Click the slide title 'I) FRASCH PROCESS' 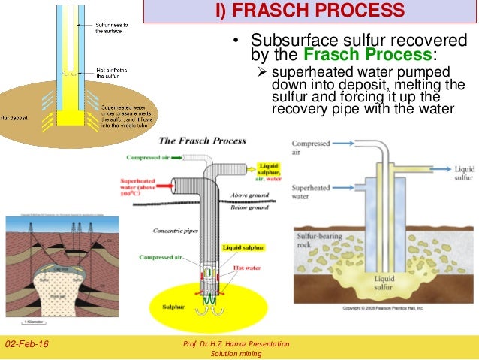(304, 11)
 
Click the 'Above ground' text (252, 195)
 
